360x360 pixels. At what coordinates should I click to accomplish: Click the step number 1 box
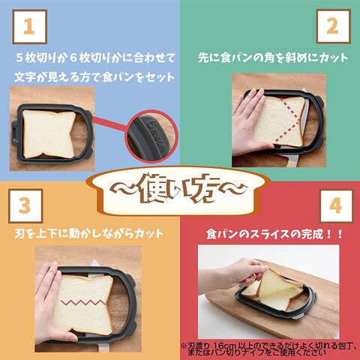point(30,27)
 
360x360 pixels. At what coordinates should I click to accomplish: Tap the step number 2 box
point(333,27)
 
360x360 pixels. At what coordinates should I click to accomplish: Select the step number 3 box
point(25,205)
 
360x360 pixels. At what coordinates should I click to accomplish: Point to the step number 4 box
point(337,205)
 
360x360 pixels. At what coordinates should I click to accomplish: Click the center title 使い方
point(178,190)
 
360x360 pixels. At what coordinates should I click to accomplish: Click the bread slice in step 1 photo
point(49,134)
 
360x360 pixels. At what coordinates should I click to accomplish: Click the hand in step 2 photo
point(250,122)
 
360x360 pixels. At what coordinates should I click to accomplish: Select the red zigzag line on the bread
point(83,302)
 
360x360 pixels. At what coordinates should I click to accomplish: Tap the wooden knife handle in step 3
point(104,347)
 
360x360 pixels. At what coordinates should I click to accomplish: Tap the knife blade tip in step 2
point(304,89)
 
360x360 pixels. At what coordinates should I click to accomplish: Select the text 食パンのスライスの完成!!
point(274,235)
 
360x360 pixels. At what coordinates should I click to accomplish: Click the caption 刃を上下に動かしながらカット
point(89,234)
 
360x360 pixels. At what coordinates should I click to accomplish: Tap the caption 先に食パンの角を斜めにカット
point(273,58)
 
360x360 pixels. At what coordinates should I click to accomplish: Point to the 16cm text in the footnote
point(223,346)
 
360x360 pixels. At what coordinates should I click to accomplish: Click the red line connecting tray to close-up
point(110,124)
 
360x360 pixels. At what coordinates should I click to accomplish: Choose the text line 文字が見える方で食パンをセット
point(94,77)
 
